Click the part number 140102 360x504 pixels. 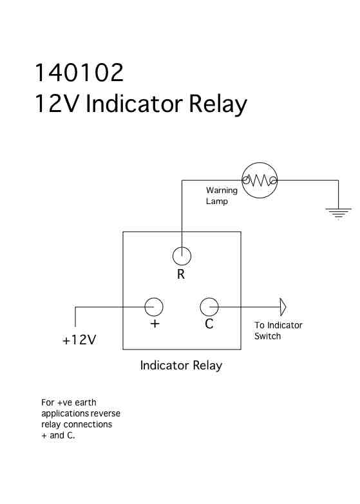[x=79, y=72]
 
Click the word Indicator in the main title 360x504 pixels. [x=134, y=104]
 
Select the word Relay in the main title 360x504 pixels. [x=218, y=104]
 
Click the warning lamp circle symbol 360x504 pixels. [x=260, y=163]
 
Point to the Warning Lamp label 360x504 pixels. [x=222, y=196]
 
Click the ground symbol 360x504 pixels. [x=338, y=212]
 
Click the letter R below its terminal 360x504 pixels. [x=181, y=274]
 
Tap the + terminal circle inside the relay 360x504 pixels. [x=154, y=298]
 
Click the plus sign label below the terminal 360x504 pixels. [x=155, y=323]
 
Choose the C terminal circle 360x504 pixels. [x=209, y=298]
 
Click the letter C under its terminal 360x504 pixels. [x=209, y=324]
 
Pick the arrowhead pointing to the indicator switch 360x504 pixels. [x=282, y=307]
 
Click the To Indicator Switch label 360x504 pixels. [x=278, y=330]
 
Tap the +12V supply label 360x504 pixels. [x=79, y=340]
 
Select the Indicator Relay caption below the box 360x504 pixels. [x=181, y=366]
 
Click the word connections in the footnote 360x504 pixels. [x=88, y=424]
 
